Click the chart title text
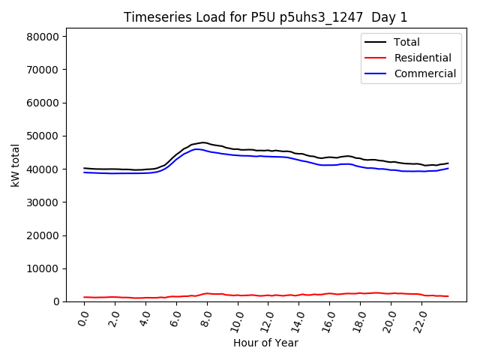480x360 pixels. tap(265, 17)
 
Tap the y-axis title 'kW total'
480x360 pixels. tap(16, 165)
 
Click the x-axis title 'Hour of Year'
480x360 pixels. tap(265, 343)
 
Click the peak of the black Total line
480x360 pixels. tap(202, 142)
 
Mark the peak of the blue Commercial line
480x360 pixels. tap(198, 148)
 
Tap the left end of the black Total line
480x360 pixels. tap(84, 168)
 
